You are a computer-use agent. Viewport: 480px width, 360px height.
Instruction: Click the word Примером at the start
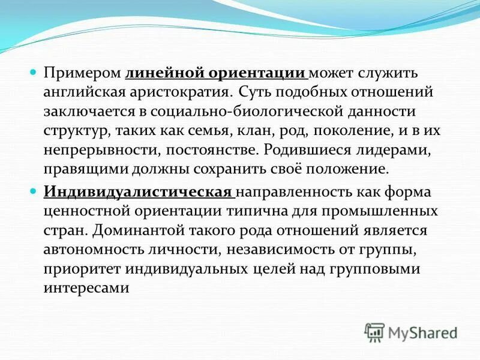(83, 73)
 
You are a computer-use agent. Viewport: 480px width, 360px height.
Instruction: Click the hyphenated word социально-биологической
(251, 112)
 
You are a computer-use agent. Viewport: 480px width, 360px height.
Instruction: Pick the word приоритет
(76, 269)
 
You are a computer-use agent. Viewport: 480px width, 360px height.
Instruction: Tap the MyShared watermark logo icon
(375, 332)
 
